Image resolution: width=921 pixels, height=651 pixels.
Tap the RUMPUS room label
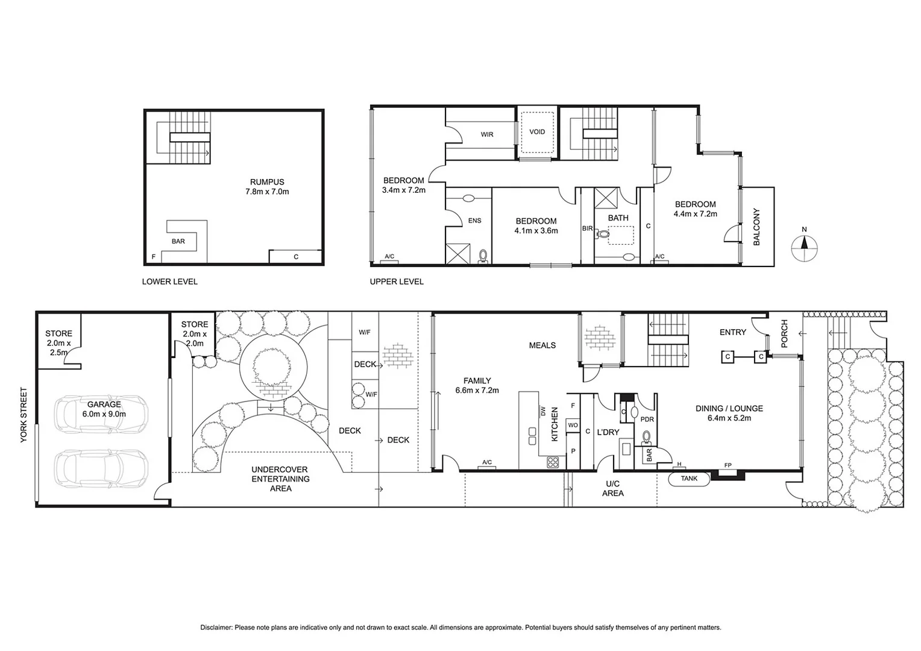[267, 182]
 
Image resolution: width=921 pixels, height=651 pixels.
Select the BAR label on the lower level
[178, 241]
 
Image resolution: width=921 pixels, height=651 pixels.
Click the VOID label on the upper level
[537, 132]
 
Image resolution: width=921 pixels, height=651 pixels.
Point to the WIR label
[487, 134]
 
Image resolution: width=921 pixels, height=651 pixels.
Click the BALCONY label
[756, 227]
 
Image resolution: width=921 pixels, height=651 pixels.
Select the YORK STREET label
[24, 415]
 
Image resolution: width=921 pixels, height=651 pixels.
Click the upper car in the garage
[101, 414]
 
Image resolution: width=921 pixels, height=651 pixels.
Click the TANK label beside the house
[689, 479]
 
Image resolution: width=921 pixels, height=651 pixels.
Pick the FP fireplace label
[728, 465]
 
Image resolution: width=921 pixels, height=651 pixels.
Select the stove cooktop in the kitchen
[553, 462]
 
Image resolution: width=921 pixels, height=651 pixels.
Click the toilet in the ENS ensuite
[482, 257]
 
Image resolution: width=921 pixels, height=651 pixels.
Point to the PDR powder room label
[647, 420]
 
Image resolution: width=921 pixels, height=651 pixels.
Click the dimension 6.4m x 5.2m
[729, 418]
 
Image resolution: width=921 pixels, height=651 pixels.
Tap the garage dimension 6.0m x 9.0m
[104, 414]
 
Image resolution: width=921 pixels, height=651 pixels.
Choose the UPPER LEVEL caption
[397, 281]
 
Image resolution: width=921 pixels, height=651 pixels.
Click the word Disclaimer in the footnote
[216, 627]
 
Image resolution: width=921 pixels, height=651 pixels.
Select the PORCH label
[784, 333]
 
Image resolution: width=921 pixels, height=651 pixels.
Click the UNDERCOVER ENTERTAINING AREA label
[280, 479]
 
